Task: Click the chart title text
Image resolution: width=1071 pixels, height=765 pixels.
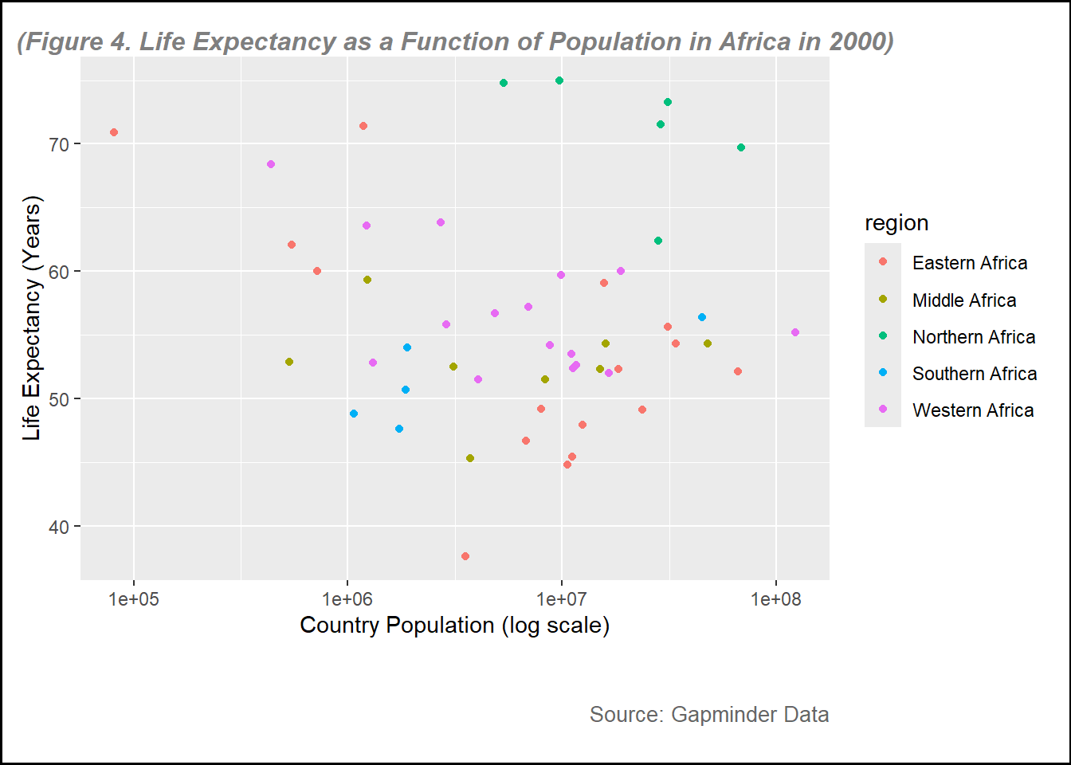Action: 455,41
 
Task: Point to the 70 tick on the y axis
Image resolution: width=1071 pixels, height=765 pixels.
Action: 60,144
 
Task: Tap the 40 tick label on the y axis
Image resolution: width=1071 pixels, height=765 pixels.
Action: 60,527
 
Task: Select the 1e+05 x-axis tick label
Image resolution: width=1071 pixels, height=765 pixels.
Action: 133,598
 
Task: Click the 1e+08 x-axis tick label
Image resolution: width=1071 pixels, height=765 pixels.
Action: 775,598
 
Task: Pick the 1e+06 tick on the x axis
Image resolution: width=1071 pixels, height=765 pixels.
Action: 347,598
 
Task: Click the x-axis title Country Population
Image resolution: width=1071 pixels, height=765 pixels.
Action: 454,626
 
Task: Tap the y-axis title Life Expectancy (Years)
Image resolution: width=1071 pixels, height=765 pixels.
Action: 31,319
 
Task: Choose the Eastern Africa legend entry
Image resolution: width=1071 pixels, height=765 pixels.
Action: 969,263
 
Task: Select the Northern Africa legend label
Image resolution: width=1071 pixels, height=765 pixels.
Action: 973,337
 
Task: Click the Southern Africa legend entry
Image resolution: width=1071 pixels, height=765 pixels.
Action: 974,374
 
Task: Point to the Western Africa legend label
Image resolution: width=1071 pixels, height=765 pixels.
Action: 972,410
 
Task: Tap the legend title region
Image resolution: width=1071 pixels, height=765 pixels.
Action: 896,223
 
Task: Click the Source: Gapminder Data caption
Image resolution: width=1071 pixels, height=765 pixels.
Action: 708,715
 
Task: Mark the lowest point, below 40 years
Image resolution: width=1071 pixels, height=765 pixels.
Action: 465,556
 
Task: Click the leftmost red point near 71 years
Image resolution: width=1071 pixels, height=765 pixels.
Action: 114,132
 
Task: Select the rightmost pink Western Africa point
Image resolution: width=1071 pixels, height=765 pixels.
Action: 795,332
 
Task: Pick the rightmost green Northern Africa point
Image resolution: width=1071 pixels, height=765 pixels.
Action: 741,147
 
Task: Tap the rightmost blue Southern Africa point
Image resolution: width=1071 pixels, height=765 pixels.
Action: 702,317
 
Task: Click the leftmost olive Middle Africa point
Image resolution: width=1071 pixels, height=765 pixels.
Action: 289,362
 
